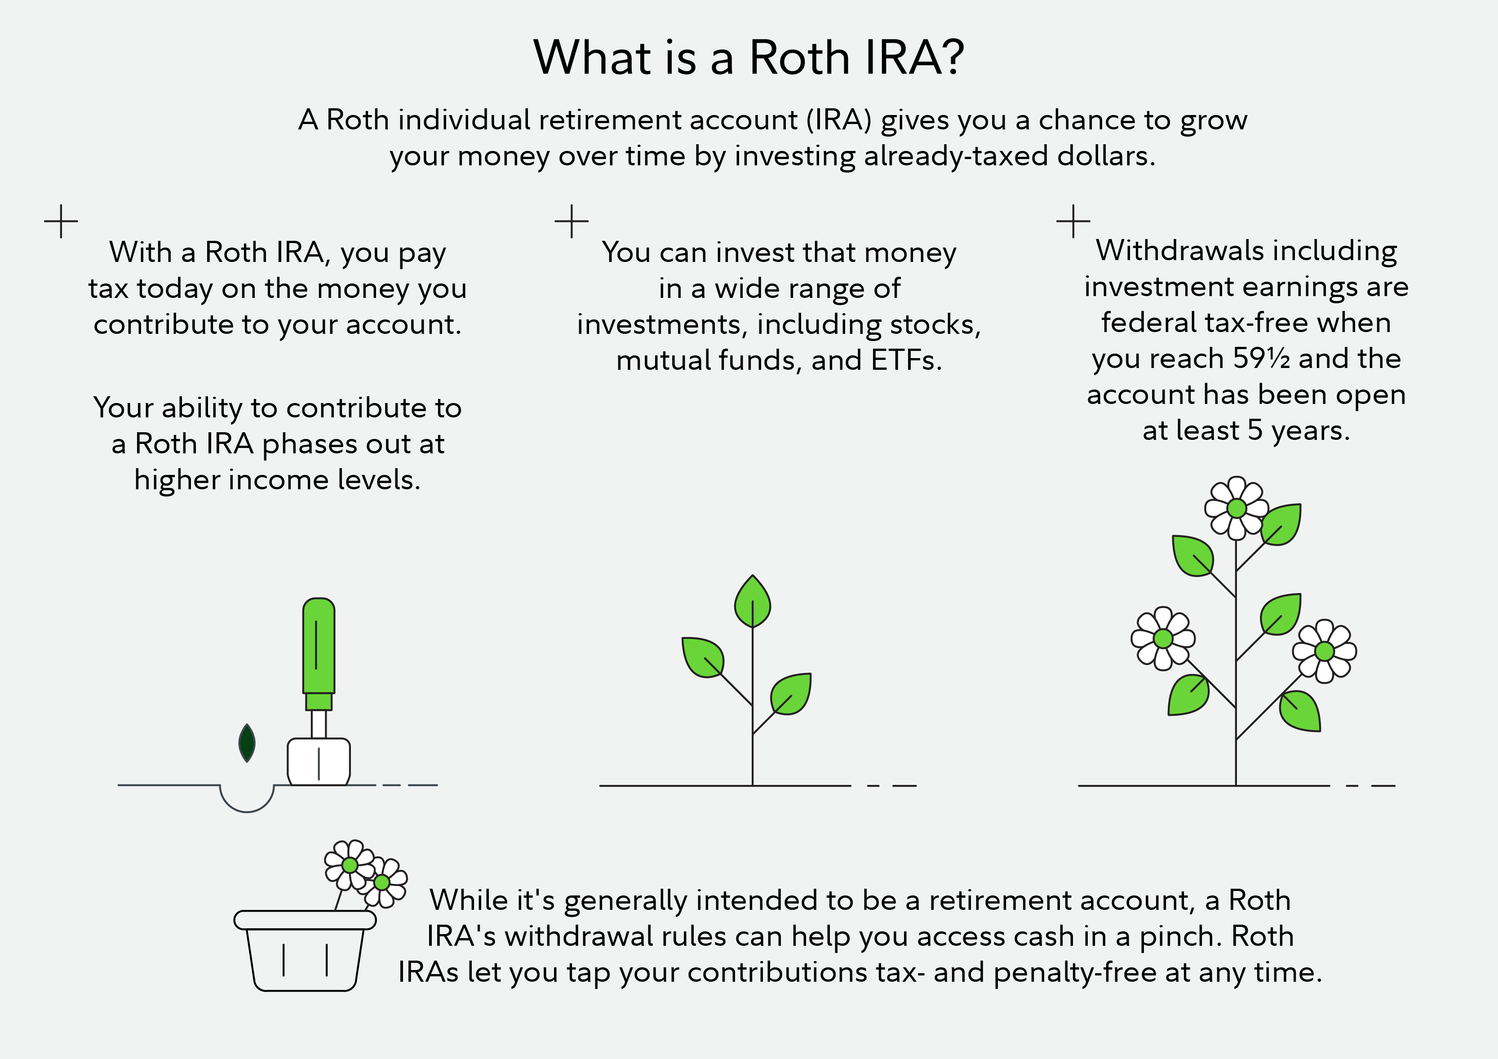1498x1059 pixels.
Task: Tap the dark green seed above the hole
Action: (x=247, y=743)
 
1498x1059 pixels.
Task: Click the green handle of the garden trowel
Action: (x=319, y=646)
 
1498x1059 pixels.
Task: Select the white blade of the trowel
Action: (x=319, y=762)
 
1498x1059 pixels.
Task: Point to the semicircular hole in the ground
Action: (x=247, y=798)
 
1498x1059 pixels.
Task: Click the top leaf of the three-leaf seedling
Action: (x=752, y=602)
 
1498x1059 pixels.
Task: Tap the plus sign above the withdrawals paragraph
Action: (x=1073, y=221)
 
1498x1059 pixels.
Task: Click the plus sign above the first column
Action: (x=61, y=221)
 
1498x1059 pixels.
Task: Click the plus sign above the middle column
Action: (x=572, y=221)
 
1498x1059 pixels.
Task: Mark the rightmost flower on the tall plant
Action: (x=1325, y=651)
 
